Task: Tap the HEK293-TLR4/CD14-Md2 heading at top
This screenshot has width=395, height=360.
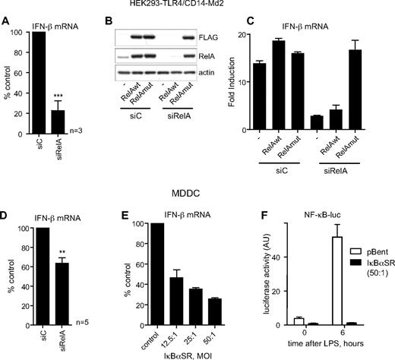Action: pos(196,5)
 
